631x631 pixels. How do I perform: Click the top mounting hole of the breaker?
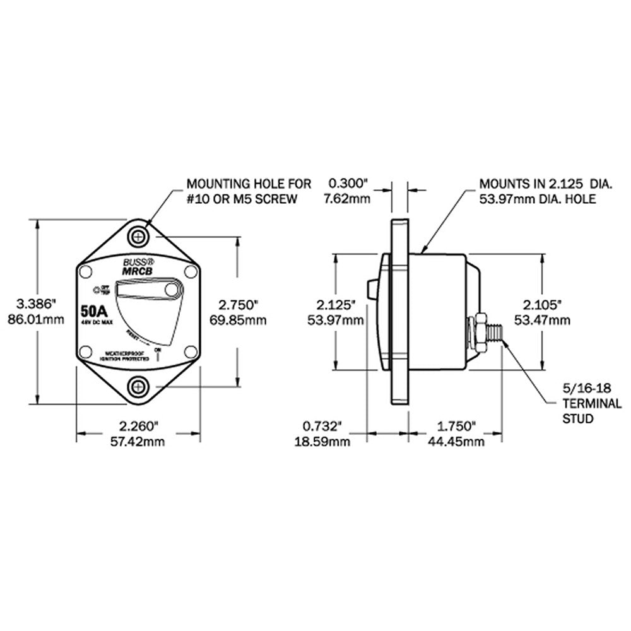(x=139, y=237)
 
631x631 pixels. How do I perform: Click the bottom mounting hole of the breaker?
(x=139, y=385)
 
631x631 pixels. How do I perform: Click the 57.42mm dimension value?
(x=139, y=442)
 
